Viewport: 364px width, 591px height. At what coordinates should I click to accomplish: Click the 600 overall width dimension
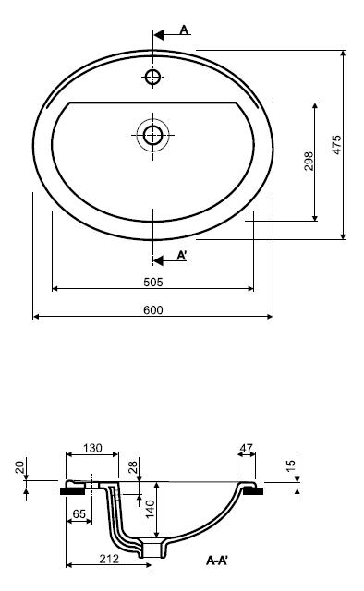pos(153,310)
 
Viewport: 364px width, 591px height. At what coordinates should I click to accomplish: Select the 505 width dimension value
pos(153,282)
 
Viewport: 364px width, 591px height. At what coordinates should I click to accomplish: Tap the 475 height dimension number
pos(336,144)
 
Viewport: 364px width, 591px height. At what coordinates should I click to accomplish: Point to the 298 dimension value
pos(309,161)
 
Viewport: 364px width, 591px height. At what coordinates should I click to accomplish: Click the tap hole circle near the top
pos(152,77)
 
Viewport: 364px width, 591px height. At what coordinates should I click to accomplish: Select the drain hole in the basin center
pos(152,135)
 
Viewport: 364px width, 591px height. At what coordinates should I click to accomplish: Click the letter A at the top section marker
pos(184,30)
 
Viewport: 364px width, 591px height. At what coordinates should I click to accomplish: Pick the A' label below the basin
pos(182,256)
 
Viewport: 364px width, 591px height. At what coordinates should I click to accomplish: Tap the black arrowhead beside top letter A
pos(158,35)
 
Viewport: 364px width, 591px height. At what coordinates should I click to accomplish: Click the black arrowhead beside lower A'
pos(158,260)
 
